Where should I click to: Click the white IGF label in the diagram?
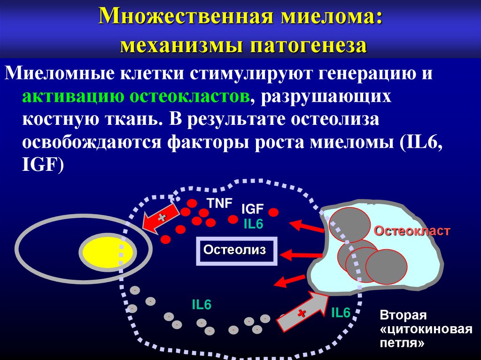click(x=253, y=209)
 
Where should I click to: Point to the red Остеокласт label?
click(x=412, y=231)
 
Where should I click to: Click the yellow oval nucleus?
click(x=108, y=253)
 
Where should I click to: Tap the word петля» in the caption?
click(x=402, y=343)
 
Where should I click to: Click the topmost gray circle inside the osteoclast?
click(x=349, y=224)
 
